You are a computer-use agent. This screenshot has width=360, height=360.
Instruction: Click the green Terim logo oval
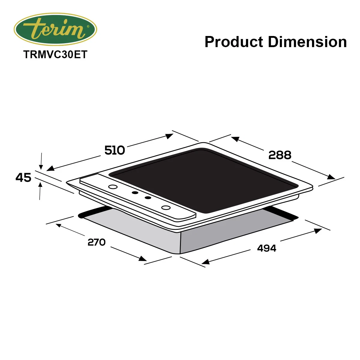(55, 29)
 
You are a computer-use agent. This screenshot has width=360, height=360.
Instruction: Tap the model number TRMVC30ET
(55, 55)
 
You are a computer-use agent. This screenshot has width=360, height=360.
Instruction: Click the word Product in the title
(234, 42)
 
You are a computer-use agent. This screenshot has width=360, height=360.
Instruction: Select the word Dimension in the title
(307, 42)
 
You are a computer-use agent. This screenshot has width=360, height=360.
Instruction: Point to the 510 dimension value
(115, 150)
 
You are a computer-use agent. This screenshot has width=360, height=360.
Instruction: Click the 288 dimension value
(280, 155)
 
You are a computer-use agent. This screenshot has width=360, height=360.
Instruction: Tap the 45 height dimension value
(23, 178)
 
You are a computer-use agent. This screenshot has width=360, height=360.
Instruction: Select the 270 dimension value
(97, 242)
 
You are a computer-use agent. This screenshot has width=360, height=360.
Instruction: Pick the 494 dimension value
(267, 248)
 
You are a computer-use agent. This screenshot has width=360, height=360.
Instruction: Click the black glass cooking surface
(204, 180)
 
